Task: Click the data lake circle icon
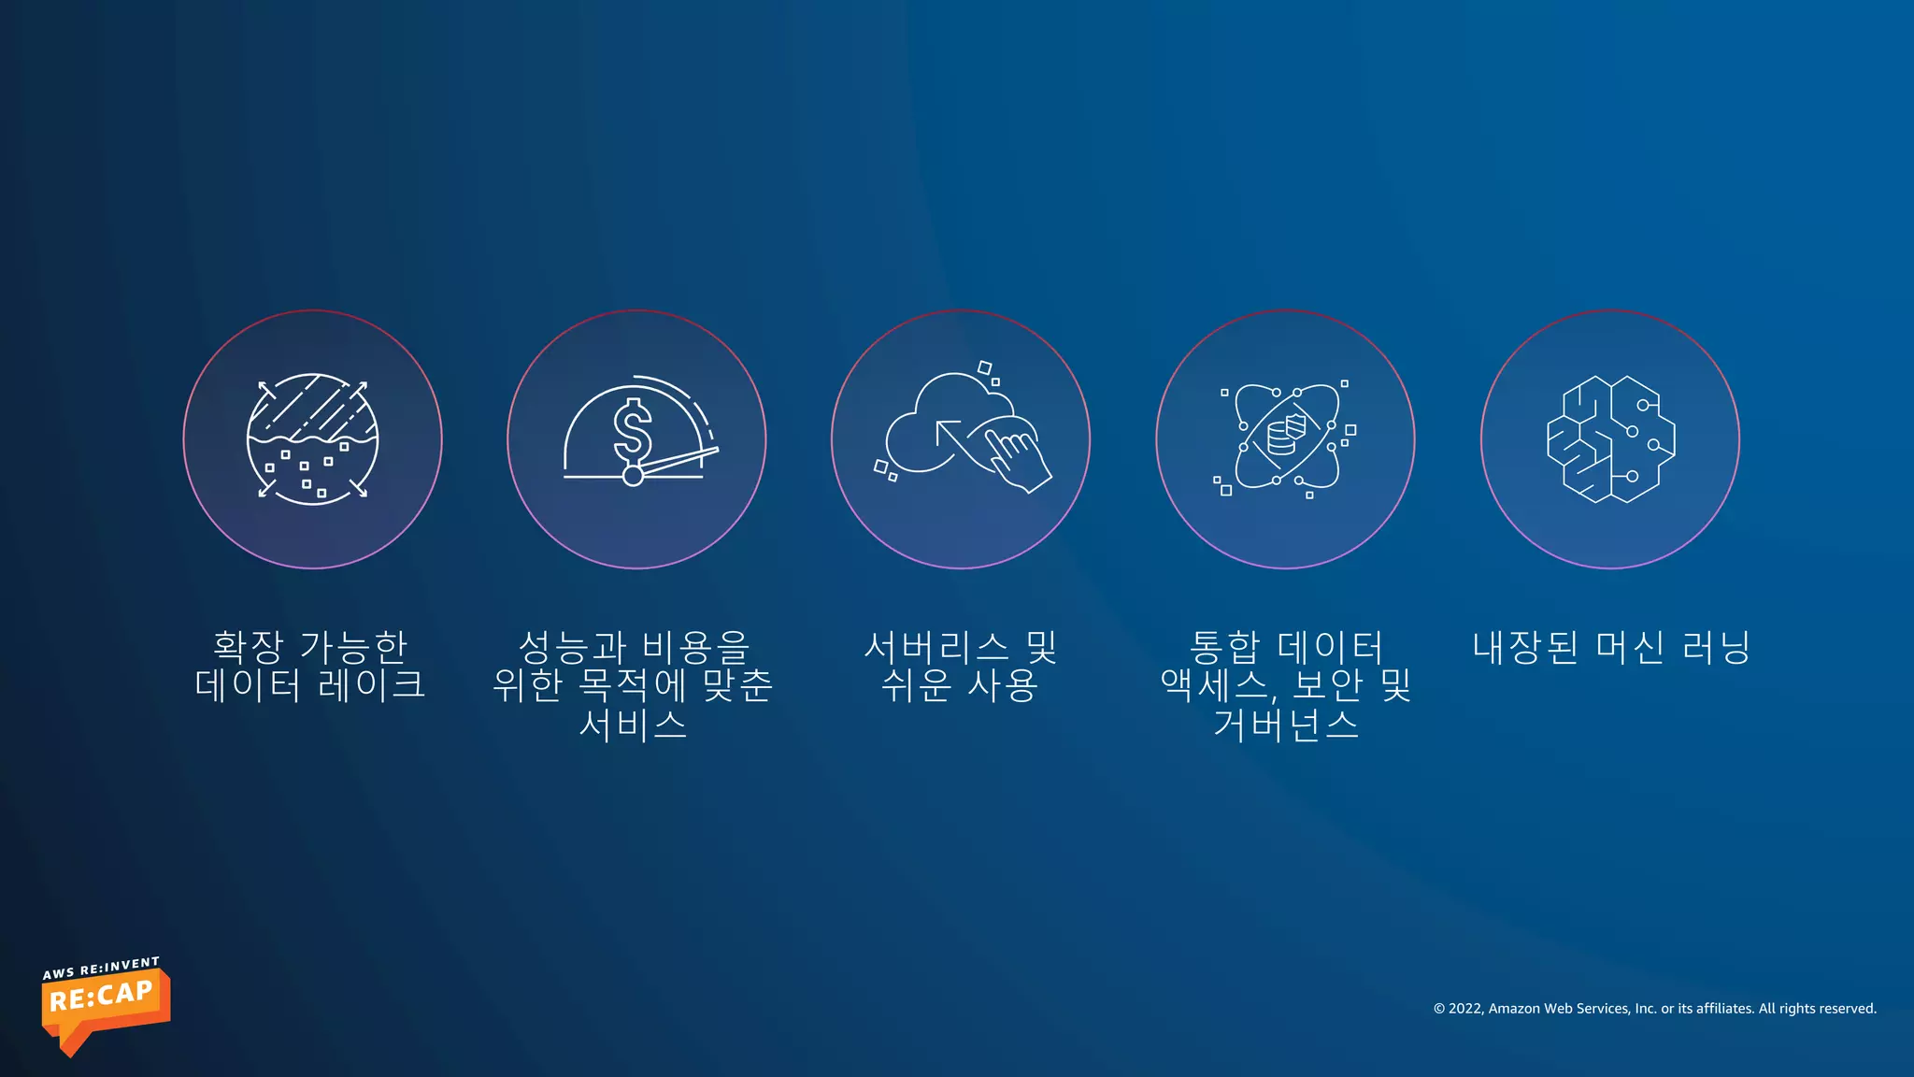pos(312,438)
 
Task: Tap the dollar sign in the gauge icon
pos(633,431)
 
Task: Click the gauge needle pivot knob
pos(633,476)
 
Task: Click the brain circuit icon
pos(1610,438)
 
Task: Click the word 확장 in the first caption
pos(248,646)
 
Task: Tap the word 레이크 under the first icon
pos(372,685)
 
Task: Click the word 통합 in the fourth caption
pos(1224,646)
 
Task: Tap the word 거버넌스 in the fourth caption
pos(1286,725)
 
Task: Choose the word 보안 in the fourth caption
pos(1327,685)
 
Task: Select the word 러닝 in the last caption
pos(1716,646)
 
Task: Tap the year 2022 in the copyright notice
pos(1464,1009)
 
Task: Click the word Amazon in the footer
pos(1514,1009)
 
